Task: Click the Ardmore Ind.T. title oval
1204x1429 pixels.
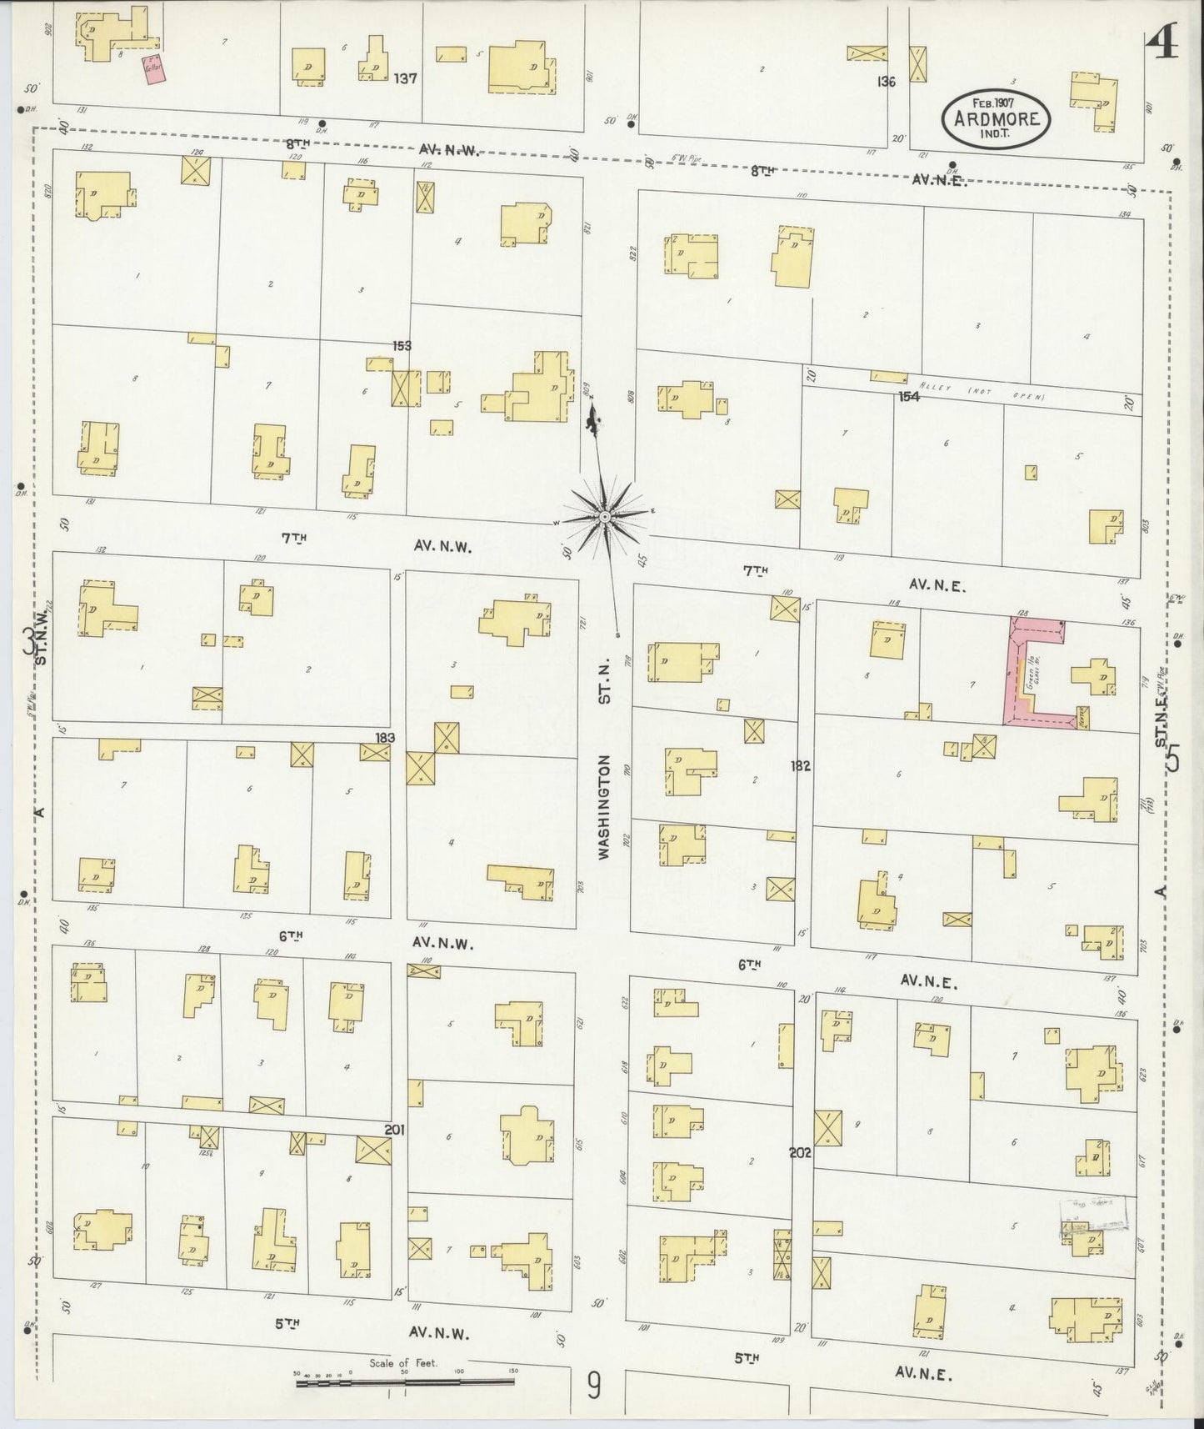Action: [x=996, y=119]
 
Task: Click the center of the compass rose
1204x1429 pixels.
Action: [x=606, y=518]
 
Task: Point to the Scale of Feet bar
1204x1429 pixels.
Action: [x=405, y=1383]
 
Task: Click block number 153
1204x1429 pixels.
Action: [x=403, y=345]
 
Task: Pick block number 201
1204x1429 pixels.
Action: [x=394, y=1130]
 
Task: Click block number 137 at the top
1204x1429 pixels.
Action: [x=406, y=78]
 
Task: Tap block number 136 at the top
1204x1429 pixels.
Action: [x=885, y=82]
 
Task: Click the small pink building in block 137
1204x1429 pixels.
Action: [x=155, y=70]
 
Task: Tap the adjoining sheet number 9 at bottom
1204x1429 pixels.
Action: [x=592, y=1386]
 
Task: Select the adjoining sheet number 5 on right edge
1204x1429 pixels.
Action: [x=1174, y=760]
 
